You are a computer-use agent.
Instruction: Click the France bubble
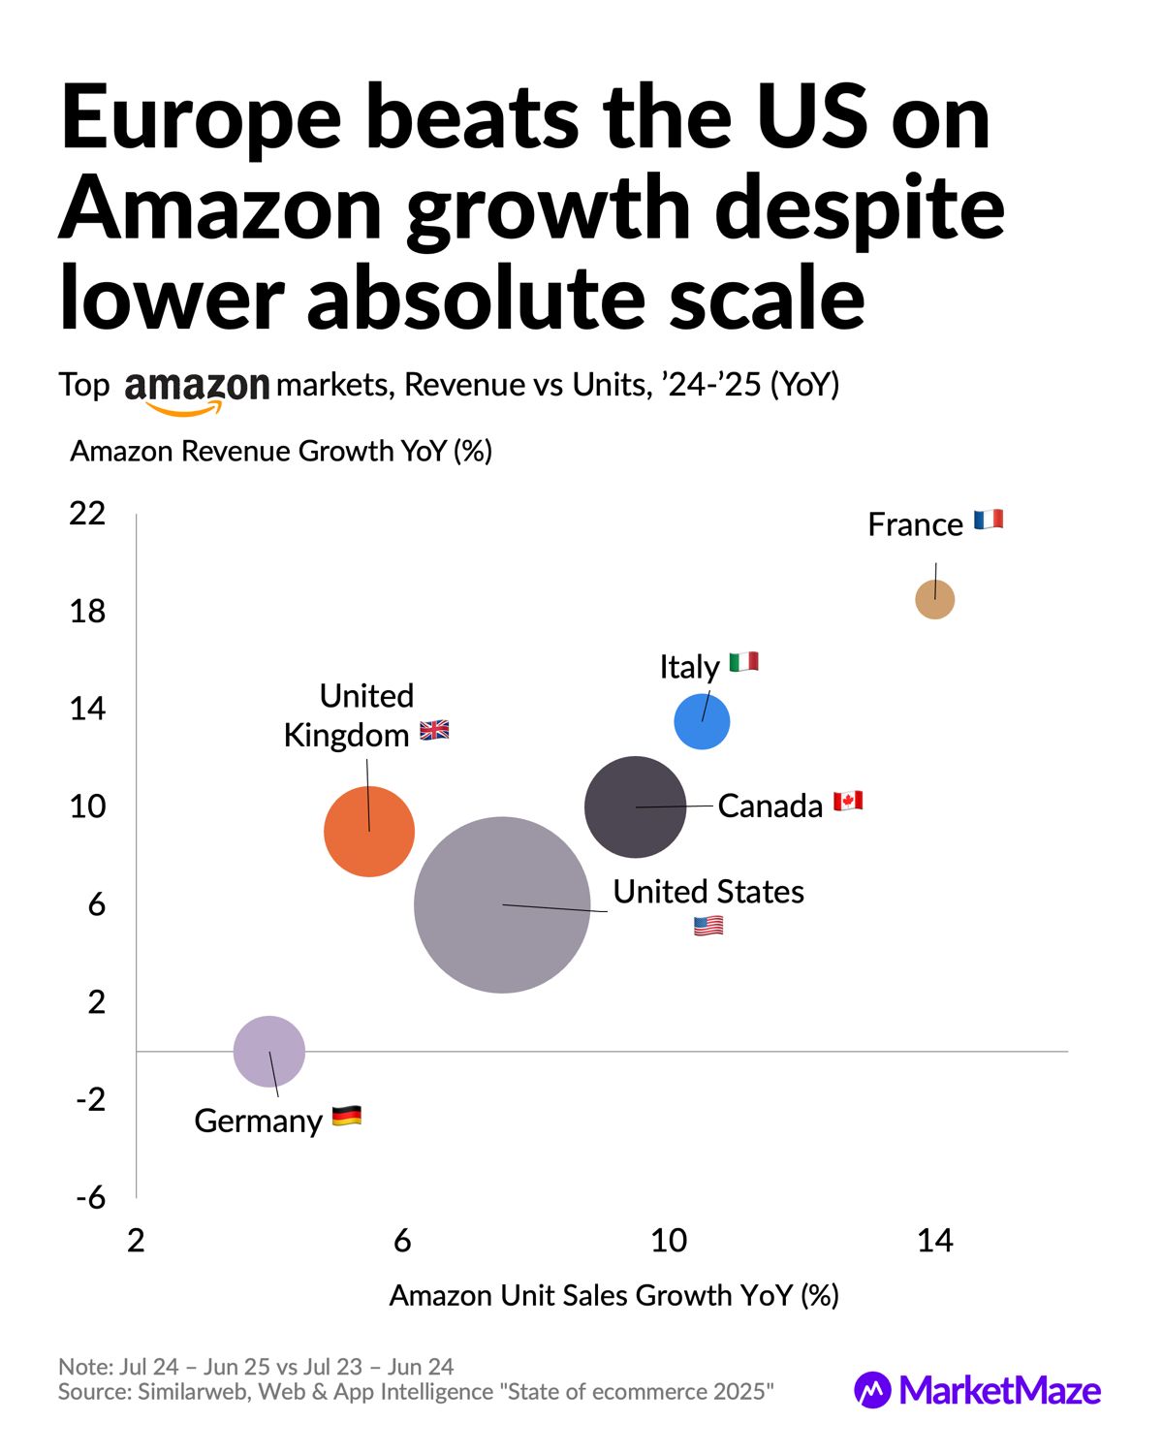pos(934,599)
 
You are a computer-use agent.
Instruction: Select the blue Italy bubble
pos(702,722)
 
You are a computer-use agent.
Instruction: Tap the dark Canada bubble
pos(635,806)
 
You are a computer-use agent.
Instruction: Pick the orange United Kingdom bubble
pos(369,831)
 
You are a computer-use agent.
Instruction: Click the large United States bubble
pos(502,904)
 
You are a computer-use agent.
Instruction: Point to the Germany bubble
pos(269,1051)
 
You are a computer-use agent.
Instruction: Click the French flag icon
pos(989,521)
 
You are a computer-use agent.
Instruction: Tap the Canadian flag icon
pos(848,802)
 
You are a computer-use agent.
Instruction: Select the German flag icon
pos(347,1116)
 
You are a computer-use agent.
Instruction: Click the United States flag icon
pos(708,927)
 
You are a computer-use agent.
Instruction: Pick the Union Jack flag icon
pos(434,731)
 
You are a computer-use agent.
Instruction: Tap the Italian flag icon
pos(744,663)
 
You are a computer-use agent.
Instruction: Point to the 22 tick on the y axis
pos(87,513)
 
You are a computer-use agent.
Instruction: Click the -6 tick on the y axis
pos(91,1198)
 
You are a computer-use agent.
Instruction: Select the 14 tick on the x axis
pos(935,1240)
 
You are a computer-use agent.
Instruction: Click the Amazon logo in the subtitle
pos(197,390)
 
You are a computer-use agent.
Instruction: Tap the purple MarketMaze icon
pos(872,1390)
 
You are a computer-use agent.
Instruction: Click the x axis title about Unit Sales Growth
pos(613,1295)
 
